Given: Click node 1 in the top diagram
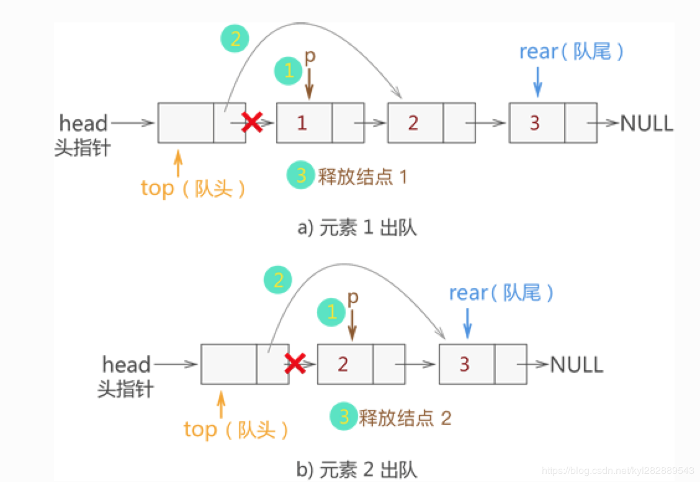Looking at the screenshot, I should (x=302, y=123).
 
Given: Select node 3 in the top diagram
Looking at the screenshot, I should (x=535, y=123).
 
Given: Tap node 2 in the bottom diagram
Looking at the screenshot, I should (x=343, y=364).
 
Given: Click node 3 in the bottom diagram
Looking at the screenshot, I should (x=465, y=364).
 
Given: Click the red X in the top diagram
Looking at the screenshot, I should (x=251, y=122).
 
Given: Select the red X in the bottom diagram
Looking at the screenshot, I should (x=295, y=363).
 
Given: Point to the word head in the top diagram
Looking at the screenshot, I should (x=83, y=123).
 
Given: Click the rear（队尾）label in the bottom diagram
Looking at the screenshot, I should (x=501, y=293).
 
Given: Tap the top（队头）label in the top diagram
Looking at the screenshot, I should (x=193, y=188).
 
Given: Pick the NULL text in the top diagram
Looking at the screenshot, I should (x=647, y=123).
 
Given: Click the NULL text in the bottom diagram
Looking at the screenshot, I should (x=577, y=364).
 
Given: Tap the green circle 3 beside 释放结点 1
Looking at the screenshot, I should (x=301, y=176).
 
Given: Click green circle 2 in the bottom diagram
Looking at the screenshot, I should (x=279, y=281).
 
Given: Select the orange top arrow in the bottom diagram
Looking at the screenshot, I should (x=221, y=404).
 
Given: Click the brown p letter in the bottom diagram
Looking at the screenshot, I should (x=352, y=299).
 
